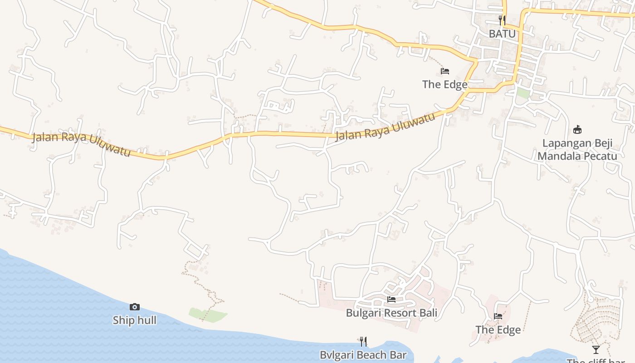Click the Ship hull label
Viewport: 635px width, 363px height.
(x=134, y=320)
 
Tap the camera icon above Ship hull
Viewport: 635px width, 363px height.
(x=134, y=307)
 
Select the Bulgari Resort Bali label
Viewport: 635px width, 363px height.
(x=391, y=313)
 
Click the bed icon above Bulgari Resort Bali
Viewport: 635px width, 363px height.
(x=391, y=299)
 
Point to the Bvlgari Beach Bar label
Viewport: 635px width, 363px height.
(x=363, y=355)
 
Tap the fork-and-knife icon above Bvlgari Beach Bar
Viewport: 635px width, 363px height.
(x=363, y=341)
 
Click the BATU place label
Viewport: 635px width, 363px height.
(x=502, y=34)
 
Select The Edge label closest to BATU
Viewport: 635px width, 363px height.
(x=444, y=84)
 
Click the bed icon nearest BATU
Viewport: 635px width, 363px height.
(x=444, y=71)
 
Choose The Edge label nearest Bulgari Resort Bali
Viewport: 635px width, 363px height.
(x=498, y=330)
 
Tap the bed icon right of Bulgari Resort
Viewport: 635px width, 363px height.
(x=498, y=316)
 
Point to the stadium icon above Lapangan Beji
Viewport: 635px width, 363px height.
(x=577, y=130)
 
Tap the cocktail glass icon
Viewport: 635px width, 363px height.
(x=596, y=350)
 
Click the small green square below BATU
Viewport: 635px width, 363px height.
(x=523, y=93)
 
